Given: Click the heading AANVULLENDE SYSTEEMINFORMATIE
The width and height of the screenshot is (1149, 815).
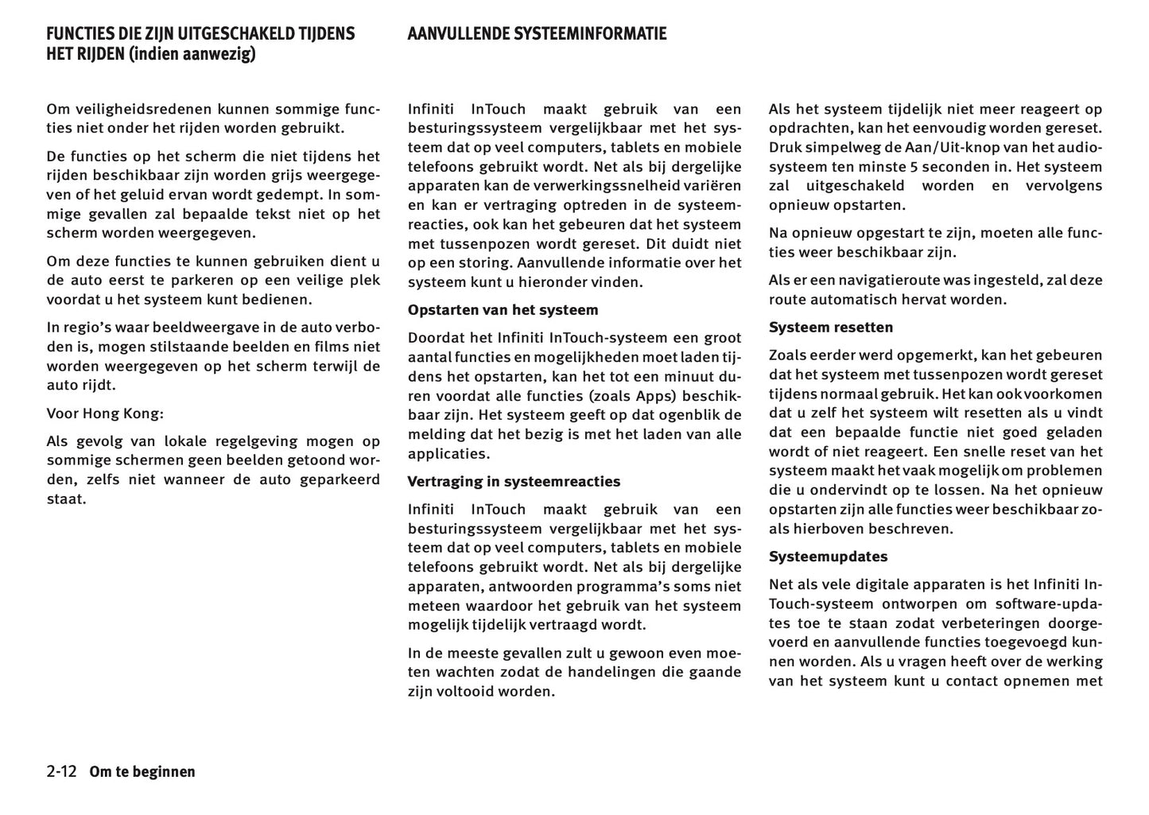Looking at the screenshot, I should click(537, 33).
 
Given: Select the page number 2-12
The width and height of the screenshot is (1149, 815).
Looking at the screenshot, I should click(61, 771).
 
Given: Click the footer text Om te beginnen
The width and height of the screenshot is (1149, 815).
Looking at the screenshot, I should click(142, 771).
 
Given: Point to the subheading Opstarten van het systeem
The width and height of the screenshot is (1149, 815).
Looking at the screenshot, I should click(503, 310).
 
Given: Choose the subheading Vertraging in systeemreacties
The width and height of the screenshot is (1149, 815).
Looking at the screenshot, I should click(514, 482).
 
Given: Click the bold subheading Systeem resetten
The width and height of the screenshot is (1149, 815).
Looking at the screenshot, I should click(830, 328).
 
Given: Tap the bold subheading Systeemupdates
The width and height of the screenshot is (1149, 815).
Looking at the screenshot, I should click(828, 557).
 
